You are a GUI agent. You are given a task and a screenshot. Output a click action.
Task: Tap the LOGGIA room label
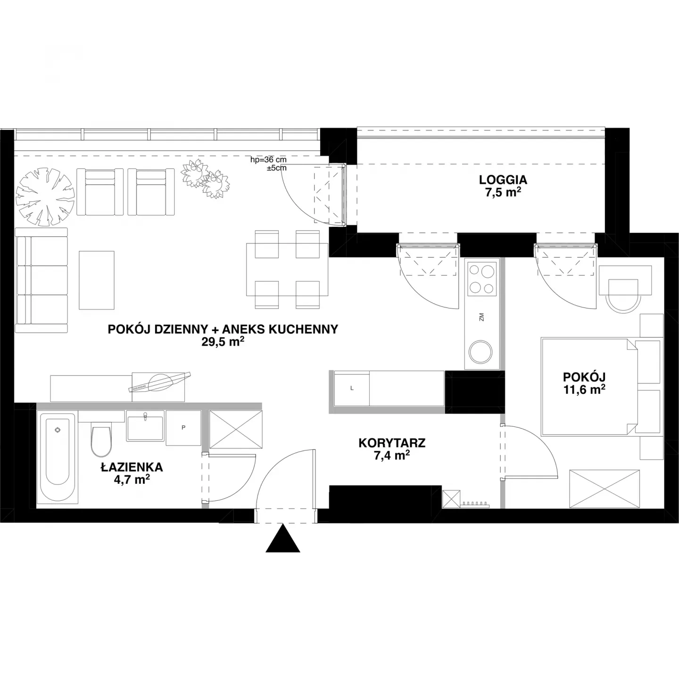[503, 180]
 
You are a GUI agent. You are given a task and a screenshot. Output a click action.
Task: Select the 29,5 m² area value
[223, 341]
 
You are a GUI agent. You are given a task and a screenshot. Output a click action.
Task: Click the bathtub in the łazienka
[58, 458]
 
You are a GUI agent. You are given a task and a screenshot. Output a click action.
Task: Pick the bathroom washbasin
[145, 426]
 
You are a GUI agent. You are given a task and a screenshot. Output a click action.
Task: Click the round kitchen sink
[480, 352]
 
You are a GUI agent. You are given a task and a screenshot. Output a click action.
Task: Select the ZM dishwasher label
[482, 317]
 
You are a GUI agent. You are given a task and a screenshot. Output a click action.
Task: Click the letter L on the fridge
[352, 388]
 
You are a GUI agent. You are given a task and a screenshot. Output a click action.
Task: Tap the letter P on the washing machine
[183, 428]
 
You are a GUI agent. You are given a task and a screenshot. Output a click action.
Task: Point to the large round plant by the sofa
[45, 197]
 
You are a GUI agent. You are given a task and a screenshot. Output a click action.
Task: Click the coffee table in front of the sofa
[97, 280]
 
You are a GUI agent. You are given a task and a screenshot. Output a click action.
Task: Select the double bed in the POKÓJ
[590, 387]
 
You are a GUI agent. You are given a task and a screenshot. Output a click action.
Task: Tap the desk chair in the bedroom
[623, 295]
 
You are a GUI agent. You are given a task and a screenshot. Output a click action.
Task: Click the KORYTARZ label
[392, 443]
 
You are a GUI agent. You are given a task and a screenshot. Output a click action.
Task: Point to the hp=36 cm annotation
[268, 160]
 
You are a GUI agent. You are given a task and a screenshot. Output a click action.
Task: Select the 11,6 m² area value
[584, 390]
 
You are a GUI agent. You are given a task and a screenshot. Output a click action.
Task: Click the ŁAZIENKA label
[132, 467]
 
